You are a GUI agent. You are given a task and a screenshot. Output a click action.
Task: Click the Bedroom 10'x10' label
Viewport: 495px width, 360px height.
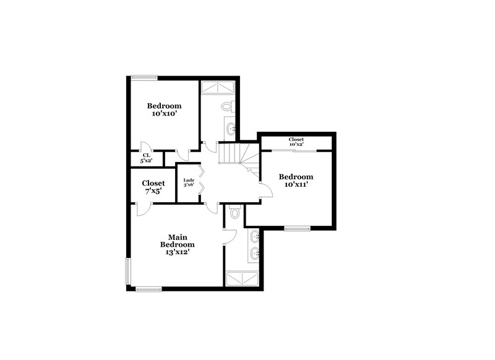(164, 109)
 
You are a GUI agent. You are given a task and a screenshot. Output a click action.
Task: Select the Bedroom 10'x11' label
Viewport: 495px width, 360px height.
(296, 181)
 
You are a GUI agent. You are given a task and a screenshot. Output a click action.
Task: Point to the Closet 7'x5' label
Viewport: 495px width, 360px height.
(153, 187)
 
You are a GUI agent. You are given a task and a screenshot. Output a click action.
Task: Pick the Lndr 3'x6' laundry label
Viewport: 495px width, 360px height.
(189, 182)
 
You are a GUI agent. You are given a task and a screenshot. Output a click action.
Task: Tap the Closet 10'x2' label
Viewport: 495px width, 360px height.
(296, 142)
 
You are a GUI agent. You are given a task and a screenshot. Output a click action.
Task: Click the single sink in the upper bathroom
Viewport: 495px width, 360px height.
(231, 129)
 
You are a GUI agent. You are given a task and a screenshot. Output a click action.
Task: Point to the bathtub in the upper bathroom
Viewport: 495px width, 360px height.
(217, 88)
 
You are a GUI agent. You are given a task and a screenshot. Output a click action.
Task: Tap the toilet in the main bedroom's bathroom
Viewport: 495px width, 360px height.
(234, 213)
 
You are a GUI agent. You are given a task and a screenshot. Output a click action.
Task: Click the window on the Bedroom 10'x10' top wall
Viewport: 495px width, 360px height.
(144, 77)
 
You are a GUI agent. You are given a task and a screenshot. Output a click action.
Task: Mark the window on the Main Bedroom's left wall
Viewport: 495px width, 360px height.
(128, 271)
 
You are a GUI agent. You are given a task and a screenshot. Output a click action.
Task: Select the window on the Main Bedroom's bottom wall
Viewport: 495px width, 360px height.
(148, 289)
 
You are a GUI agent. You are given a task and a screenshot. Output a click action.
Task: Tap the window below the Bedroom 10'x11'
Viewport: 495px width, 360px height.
(297, 229)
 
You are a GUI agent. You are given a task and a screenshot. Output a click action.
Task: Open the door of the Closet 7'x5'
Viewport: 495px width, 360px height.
(143, 208)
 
